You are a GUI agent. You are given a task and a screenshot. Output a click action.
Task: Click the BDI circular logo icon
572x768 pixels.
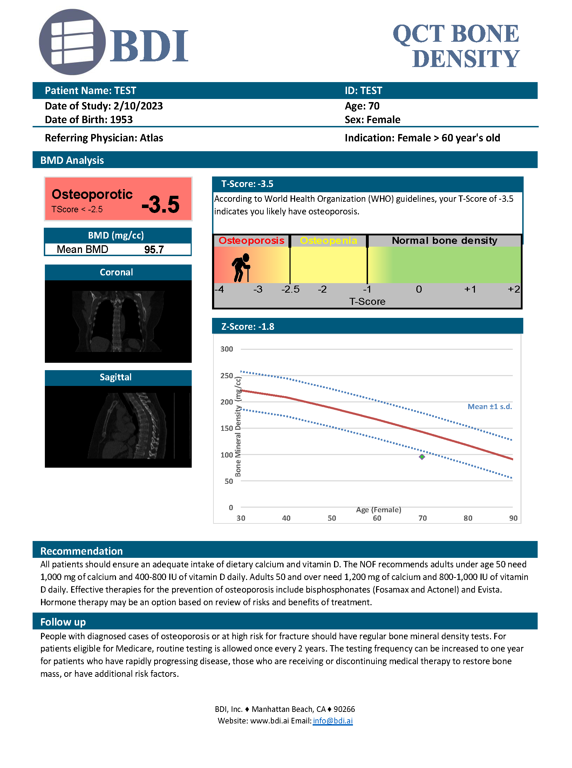pyautogui.click(x=72, y=42)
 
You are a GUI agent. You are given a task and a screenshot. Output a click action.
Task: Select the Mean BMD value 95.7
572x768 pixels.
pyautogui.click(x=154, y=249)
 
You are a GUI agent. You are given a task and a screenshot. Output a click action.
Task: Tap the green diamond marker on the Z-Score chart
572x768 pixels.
pyautogui.click(x=422, y=457)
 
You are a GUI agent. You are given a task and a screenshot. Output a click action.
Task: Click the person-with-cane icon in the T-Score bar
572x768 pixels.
pyautogui.click(x=241, y=267)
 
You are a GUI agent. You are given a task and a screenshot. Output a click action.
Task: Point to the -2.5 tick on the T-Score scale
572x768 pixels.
pyautogui.click(x=291, y=289)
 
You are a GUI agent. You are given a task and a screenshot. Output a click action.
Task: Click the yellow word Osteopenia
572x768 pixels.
pyautogui.click(x=328, y=241)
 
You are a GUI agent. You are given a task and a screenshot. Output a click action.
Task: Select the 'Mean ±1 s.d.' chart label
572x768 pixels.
pyautogui.click(x=490, y=407)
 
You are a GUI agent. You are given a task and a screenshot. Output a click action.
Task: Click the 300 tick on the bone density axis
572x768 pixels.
pyautogui.click(x=227, y=349)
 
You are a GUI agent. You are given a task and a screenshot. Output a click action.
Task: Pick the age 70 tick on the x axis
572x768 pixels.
pyautogui.click(x=423, y=518)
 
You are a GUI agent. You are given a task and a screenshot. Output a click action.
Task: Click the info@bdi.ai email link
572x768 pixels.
pyautogui.click(x=333, y=721)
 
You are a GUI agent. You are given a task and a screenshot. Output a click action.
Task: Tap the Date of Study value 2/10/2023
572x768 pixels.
pyautogui.click(x=138, y=106)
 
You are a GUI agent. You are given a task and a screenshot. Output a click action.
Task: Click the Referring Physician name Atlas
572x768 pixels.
pyautogui.click(x=151, y=138)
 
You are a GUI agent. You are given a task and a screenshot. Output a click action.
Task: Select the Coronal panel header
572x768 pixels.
pyautogui.click(x=116, y=272)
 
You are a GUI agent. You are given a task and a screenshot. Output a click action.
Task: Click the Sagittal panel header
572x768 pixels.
pyautogui.click(x=116, y=377)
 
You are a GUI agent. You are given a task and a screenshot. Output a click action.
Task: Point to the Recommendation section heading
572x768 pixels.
pyautogui.click(x=82, y=551)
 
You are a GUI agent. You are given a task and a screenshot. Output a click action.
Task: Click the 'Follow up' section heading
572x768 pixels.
pyautogui.click(x=63, y=622)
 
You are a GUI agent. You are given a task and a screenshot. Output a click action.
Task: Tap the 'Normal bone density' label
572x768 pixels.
pyautogui.click(x=444, y=241)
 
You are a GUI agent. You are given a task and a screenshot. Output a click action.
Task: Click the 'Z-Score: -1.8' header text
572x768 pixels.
pyautogui.click(x=248, y=327)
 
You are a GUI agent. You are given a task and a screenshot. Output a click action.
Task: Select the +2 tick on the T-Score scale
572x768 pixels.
pyautogui.click(x=514, y=289)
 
